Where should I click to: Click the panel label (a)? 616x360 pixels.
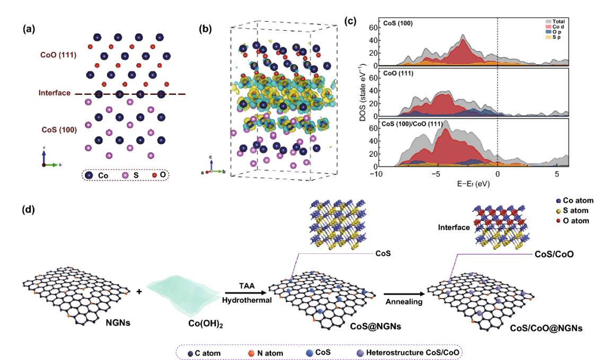tap(29, 29)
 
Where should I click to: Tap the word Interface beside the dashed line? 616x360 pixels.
tap(55, 93)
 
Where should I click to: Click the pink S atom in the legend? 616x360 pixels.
tap(126, 174)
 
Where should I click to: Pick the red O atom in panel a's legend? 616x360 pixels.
tap(154, 174)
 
